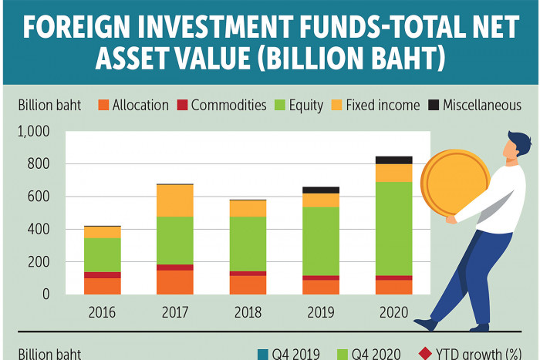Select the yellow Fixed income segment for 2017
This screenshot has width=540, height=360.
coord(174,200)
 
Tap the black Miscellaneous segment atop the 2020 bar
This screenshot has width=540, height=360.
coord(393,160)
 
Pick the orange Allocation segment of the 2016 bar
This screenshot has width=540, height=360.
coord(103,286)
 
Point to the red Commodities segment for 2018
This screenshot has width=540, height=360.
coord(248,273)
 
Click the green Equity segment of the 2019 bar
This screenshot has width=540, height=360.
coord(321,241)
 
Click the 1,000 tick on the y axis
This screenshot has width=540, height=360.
coord(33,132)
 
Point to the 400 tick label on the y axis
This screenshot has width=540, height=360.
coord(38,230)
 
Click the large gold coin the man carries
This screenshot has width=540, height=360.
coord(455,183)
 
